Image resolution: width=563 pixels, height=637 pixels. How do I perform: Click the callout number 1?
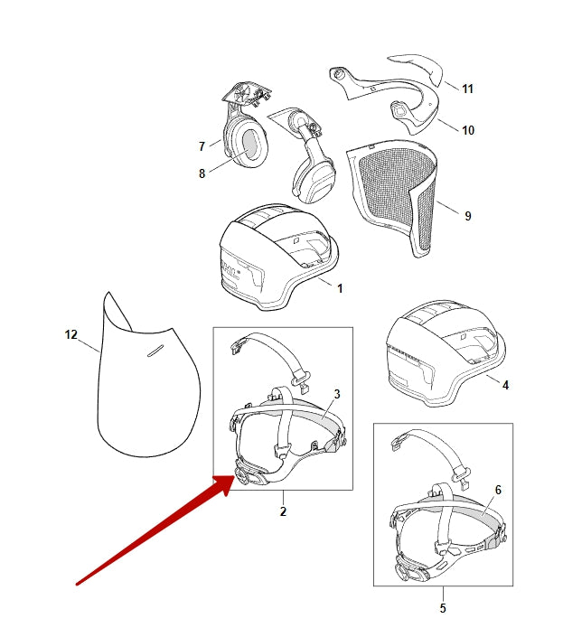coord(339,289)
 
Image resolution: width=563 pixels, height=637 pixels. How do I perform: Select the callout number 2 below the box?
coord(282,512)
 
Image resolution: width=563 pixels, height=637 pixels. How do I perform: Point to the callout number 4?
coord(505,385)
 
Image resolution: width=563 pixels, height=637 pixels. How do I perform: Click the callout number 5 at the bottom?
coord(443,608)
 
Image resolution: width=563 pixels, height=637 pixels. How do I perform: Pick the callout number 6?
coord(497,490)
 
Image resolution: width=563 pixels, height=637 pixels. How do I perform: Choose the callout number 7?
coord(202,146)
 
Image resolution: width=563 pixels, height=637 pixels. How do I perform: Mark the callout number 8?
coord(202,173)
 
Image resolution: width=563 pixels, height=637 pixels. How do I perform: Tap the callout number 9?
coord(467,216)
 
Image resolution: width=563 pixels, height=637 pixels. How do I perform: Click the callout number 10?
coord(467,130)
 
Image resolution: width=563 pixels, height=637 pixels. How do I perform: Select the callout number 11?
coord(467,89)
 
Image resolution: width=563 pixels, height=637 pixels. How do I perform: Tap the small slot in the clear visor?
coord(155,350)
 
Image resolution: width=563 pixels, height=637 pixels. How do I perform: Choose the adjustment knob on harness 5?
coord(408,568)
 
